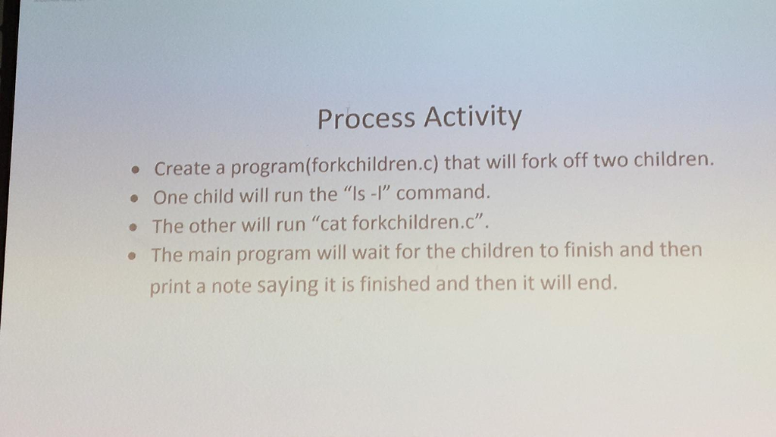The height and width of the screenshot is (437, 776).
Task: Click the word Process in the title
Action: coord(366,118)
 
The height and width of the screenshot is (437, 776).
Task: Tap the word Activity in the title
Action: coord(472,117)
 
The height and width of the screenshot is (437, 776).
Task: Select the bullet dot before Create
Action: coord(136,170)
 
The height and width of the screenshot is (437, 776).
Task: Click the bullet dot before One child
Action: coord(134,199)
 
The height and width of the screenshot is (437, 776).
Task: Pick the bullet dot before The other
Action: coord(133,228)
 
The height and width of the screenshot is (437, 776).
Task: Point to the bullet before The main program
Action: coord(132,256)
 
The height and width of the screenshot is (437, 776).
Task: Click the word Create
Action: coord(182,168)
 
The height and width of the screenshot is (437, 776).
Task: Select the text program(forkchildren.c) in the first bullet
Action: coord(335,165)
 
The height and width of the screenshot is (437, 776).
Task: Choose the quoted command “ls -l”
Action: coord(367,193)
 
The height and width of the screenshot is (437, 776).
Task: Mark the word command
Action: coord(443,192)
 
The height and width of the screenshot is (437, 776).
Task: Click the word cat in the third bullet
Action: coord(333,224)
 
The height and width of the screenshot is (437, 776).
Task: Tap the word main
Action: coord(209,254)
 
